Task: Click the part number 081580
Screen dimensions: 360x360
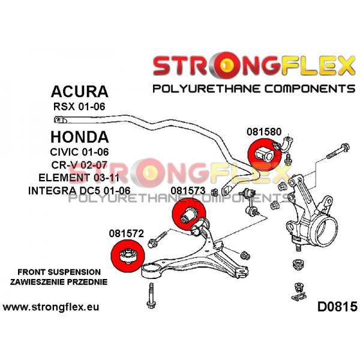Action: tap(264, 132)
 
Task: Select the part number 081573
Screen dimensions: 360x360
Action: tap(188, 191)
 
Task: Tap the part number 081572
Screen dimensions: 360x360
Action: tap(126, 233)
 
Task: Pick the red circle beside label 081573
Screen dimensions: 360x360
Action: tap(189, 214)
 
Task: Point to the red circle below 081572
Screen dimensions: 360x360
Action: tap(128, 256)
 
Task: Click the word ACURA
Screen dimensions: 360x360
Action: tap(79, 91)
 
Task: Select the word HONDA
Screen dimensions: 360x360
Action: tap(79, 137)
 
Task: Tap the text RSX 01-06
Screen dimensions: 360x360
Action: tap(79, 107)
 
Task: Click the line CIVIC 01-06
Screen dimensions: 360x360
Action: tap(79, 152)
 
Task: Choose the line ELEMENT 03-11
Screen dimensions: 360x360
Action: tap(79, 178)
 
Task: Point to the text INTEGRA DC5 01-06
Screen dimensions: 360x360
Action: tap(79, 191)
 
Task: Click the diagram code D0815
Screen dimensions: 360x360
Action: tap(337, 307)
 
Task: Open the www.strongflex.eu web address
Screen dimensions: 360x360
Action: tap(51, 307)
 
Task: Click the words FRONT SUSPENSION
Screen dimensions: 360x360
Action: tap(59, 272)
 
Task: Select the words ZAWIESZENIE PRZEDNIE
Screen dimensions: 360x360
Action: tap(59, 282)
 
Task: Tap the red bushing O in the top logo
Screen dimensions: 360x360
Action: tap(226, 65)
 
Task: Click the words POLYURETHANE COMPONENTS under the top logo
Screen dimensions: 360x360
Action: tap(254, 89)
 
